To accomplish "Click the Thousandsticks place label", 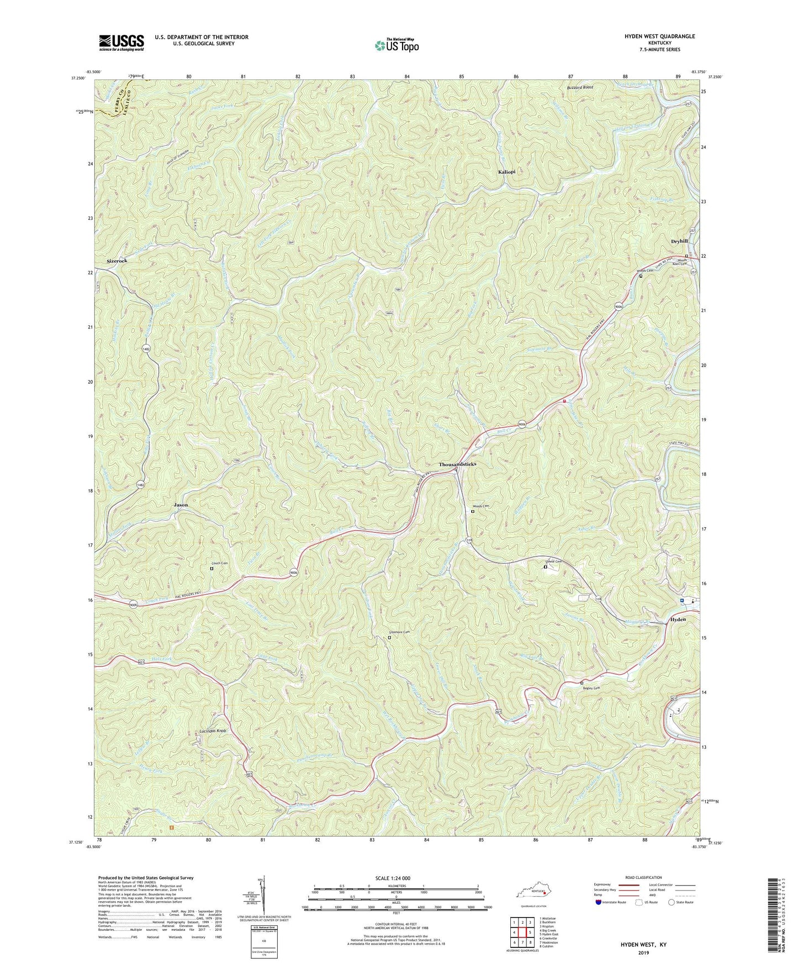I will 457,464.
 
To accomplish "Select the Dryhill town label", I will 679,241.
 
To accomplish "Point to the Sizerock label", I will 117,261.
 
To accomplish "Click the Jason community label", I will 181,505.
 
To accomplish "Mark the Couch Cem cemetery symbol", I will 212,568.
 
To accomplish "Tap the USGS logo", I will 121,43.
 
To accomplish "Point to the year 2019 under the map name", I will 644,953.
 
